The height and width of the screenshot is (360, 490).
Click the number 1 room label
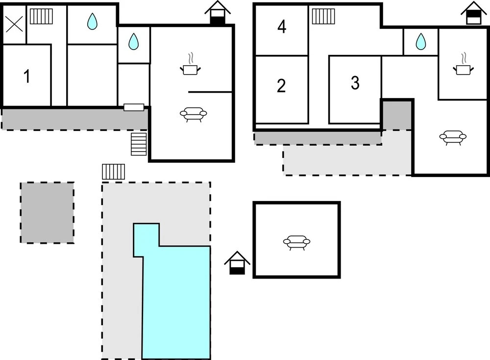[x=27, y=77]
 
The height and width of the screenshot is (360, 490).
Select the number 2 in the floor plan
[x=281, y=86]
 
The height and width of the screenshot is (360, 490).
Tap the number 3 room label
[x=355, y=83]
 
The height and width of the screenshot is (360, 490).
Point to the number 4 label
[x=282, y=26]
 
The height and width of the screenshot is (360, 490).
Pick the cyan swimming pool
[x=176, y=299]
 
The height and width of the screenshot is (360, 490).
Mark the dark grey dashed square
[x=47, y=213]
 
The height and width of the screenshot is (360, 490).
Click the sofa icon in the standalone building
[x=296, y=242]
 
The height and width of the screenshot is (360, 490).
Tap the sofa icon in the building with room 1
[x=194, y=114]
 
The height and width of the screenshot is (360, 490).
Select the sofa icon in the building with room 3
[x=453, y=137]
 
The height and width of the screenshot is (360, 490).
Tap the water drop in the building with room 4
[x=420, y=42]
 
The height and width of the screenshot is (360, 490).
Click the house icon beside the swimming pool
[x=237, y=263]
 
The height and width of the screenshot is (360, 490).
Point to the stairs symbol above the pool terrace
[x=114, y=172]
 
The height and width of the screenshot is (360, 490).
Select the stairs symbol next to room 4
[x=323, y=16]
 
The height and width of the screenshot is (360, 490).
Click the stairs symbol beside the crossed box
[x=41, y=16]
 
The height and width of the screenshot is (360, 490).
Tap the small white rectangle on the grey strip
[x=134, y=107]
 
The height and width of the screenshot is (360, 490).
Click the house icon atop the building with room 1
[x=218, y=13]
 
